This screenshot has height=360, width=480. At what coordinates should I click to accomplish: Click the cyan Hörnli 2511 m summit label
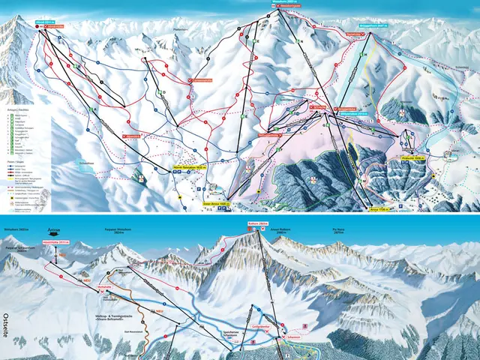coord(45,22)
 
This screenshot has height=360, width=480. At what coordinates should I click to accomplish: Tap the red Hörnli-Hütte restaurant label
coord(55,27)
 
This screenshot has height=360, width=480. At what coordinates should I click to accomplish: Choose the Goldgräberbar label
coord(260,329)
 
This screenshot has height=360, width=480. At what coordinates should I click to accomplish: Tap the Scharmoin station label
coord(292,338)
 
